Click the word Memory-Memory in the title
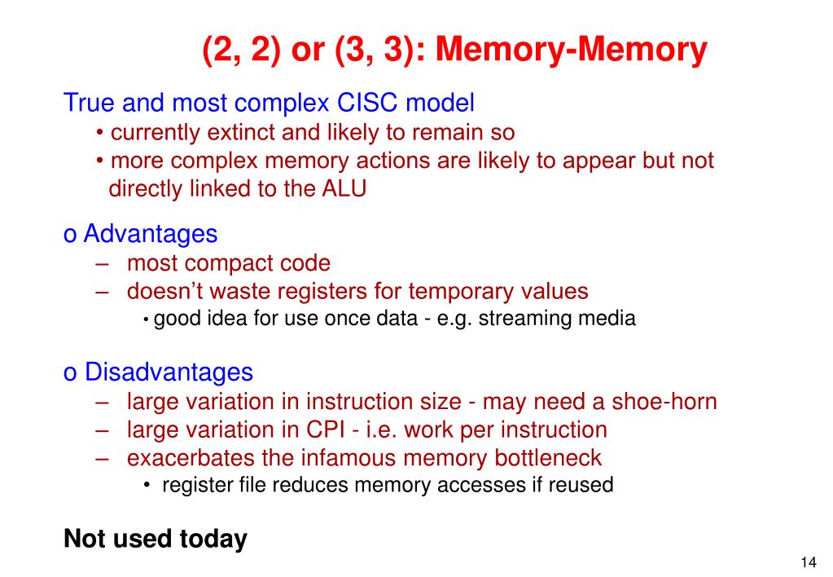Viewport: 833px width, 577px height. [x=572, y=51]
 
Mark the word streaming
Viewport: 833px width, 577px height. [x=526, y=319]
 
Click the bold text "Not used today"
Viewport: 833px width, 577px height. [x=155, y=540]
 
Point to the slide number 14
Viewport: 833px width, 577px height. [x=809, y=563]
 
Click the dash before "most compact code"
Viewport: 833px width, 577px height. [x=102, y=264]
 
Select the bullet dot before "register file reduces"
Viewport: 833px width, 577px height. [x=146, y=486]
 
